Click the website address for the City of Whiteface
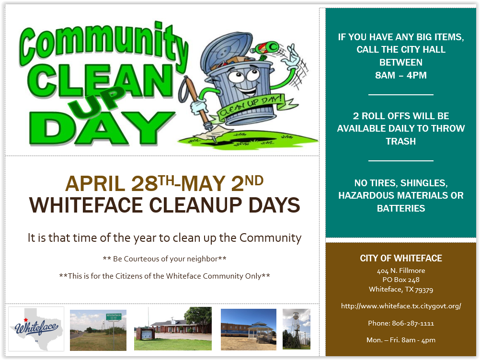(x=400, y=306)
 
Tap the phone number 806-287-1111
(x=413, y=323)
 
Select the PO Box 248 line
(x=400, y=280)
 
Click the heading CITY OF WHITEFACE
(x=400, y=258)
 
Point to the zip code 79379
(x=424, y=290)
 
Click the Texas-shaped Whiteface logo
(x=36, y=329)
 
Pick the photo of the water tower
(x=297, y=329)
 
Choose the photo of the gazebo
(x=249, y=329)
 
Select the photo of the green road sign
(x=98, y=330)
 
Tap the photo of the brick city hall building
(x=172, y=328)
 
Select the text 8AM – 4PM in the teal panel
(x=400, y=75)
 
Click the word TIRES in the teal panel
(x=383, y=183)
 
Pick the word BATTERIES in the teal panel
(x=400, y=208)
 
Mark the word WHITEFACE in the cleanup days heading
(x=86, y=205)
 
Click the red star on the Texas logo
(x=26, y=320)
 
